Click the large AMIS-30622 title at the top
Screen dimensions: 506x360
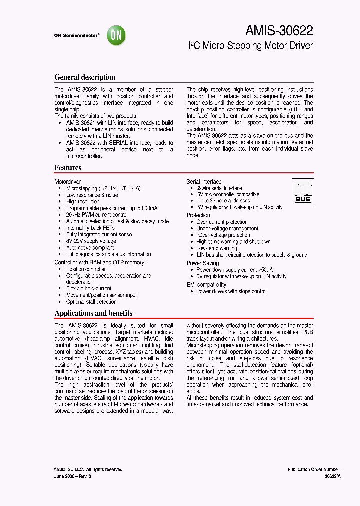click(279, 31)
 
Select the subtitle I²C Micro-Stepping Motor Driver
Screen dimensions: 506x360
click(251, 46)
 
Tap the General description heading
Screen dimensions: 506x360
click(85, 77)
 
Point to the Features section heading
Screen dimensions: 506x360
click(68, 168)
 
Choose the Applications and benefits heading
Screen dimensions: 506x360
click(93, 313)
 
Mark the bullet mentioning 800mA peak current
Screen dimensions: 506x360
click(112, 208)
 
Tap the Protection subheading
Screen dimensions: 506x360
click(198, 215)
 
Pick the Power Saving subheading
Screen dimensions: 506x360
click(202, 263)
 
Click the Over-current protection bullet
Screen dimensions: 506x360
click(222, 222)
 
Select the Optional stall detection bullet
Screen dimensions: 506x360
click(91, 302)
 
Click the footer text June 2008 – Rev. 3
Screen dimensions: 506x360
click(73, 476)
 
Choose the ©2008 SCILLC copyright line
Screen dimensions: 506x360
click(89, 469)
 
